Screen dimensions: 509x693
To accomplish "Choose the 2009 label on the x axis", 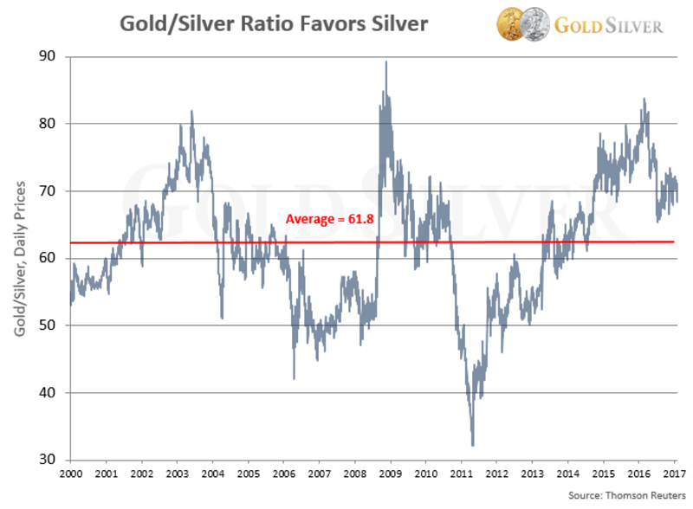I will coord(389,475).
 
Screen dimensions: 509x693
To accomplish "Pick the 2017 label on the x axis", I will coord(674,475).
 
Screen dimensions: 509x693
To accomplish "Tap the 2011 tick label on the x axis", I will coord(460,475).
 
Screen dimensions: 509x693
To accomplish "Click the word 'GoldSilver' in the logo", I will coord(608,24).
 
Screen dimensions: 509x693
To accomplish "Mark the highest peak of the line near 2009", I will coord(385,61).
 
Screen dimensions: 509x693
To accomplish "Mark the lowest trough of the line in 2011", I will coord(472,445).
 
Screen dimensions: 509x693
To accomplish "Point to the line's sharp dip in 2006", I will coord(295,378).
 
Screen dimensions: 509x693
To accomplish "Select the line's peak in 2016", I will coord(644,99).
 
